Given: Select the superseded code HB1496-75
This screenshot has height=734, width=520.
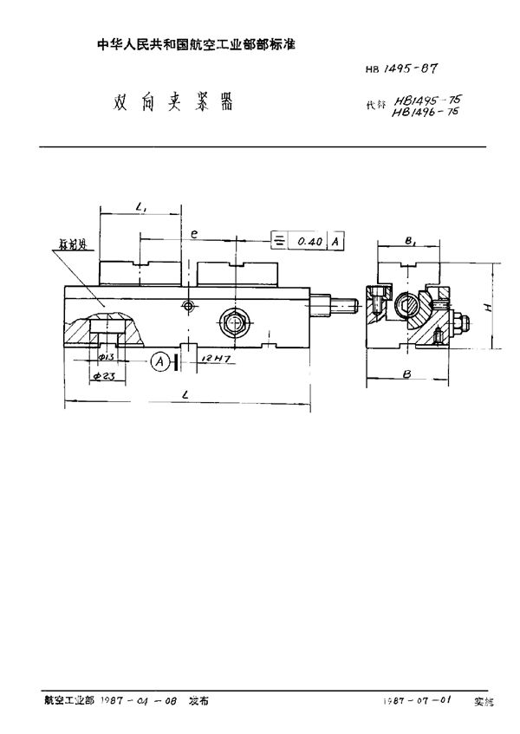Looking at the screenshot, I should pyautogui.click(x=425, y=114).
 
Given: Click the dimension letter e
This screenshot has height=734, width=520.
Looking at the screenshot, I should pyautogui.click(x=196, y=232).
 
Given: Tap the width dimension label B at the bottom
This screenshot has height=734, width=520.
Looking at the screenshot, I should pyautogui.click(x=407, y=374).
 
